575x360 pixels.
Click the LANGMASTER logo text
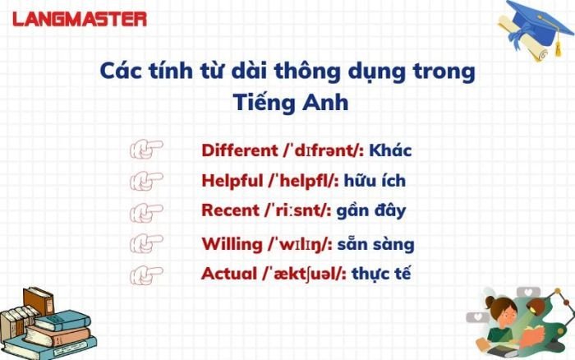79,18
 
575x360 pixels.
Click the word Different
239,151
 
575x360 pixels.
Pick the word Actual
224,274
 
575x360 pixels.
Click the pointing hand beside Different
146,150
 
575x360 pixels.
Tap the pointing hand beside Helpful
146,179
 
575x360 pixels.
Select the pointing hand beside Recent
146,210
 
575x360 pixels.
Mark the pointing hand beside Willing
146,243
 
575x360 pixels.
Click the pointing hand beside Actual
146,273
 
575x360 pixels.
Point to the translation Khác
390,151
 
